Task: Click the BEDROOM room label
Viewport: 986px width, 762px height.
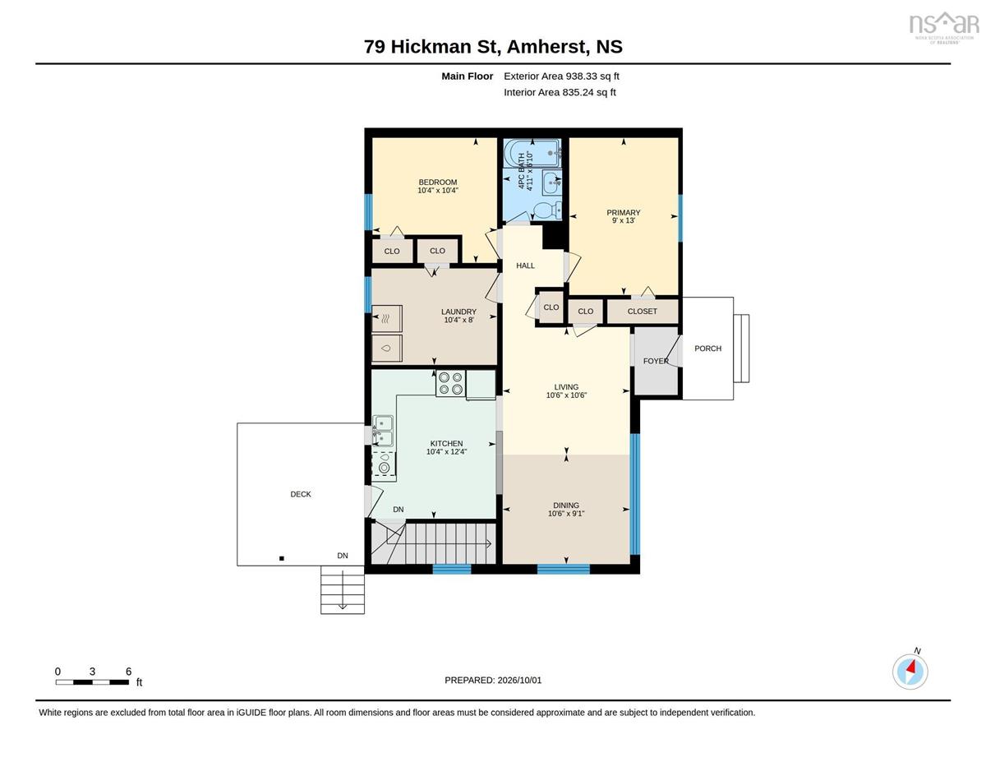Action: tap(437, 182)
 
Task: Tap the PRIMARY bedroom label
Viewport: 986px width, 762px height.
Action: tap(623, 212)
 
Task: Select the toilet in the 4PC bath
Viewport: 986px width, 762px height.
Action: tap(546, 210)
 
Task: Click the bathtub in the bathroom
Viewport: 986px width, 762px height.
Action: tap(532, 154)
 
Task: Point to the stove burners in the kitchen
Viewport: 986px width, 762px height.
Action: tap(450, 384)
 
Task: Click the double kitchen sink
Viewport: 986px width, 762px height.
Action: tap(383, 431)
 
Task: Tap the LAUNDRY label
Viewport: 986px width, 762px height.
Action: tap(458, 312)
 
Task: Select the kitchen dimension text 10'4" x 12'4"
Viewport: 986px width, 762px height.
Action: tap(446, 451)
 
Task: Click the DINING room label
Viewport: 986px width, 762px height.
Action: tap(566, 506)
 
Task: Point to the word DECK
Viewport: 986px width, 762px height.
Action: tap(301, 494)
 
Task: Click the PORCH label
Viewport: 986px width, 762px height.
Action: tap(707, 348)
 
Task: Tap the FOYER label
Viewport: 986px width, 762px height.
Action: tap(656, 361)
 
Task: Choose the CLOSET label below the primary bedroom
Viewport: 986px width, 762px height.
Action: tap(642, 311)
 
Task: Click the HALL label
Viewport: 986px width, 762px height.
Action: tap(525, 266)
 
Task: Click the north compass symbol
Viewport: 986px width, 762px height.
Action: tap(910, 672)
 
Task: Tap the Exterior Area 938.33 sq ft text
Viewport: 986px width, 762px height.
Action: tap(561, 76)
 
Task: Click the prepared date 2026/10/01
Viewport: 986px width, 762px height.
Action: tap(519, 680)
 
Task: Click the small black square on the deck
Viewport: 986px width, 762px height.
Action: tap(281, 558)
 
